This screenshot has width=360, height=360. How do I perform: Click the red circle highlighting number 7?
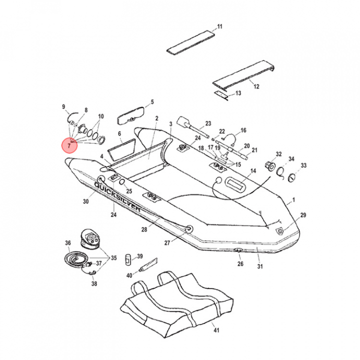click(69, 144)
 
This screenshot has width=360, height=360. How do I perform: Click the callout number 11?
click(219, 26)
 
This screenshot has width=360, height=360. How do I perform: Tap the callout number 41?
click(216, 330)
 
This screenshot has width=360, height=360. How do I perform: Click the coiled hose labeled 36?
click(75, 259)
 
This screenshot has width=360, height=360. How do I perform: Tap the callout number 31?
click(260, 266)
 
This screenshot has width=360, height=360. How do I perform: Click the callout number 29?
click(303, 215)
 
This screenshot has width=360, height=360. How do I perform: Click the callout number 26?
click(240, 263)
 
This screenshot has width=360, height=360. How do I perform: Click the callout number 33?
click(303, 165)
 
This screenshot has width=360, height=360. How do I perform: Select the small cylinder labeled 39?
click(127, 258)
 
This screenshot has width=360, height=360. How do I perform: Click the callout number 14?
click(253, 171)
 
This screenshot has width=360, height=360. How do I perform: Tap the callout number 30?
click(85, 201)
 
